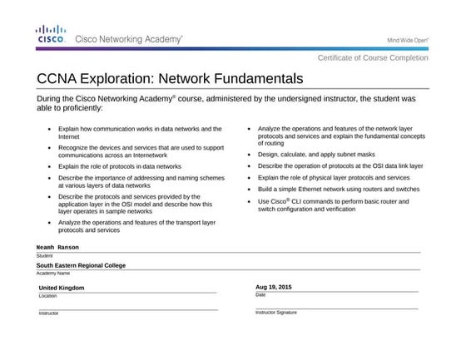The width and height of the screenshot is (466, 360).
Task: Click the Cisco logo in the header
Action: (x=52, y=34)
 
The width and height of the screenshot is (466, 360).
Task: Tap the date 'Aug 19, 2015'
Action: (x=274, y=287)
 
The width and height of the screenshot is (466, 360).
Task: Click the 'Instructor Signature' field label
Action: (x=275, y=312)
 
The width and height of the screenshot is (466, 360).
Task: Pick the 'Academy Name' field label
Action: (x=52, y=273)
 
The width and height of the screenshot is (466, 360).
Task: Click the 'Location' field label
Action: (x=47, y=295)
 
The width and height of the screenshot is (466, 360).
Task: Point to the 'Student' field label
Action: (x=44, y=255)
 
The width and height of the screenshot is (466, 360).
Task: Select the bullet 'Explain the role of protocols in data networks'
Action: (x=119, y=166)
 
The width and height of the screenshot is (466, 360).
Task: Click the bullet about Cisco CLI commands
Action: (x=333, y=205)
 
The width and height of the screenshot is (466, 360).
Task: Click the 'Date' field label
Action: (x=260, y=294)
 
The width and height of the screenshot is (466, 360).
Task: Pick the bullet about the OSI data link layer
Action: (x=340, y=165)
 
